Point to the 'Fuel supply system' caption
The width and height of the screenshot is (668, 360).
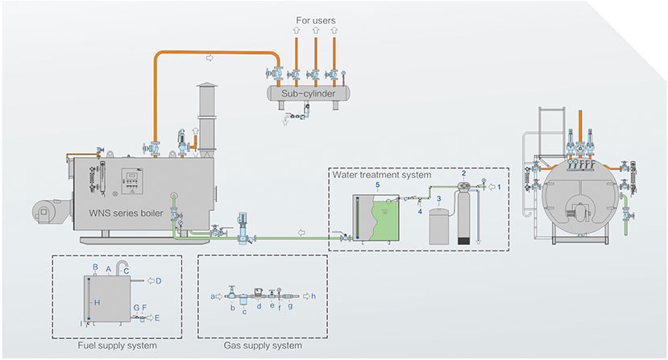coord(116,346)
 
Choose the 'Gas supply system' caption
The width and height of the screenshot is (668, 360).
coord(263,346)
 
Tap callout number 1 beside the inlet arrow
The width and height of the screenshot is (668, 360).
coord(499,187)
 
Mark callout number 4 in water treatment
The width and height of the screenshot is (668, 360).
coord(421,212)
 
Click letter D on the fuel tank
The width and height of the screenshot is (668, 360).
coord(159,280)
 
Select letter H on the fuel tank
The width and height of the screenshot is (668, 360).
coord(96,302)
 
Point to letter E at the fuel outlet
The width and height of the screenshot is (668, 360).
coord(157,318)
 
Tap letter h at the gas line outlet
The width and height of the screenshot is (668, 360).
coord(313,296)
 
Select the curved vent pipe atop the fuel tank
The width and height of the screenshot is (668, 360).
coord(122,267)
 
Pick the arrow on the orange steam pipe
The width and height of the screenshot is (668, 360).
coord(210,58)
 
